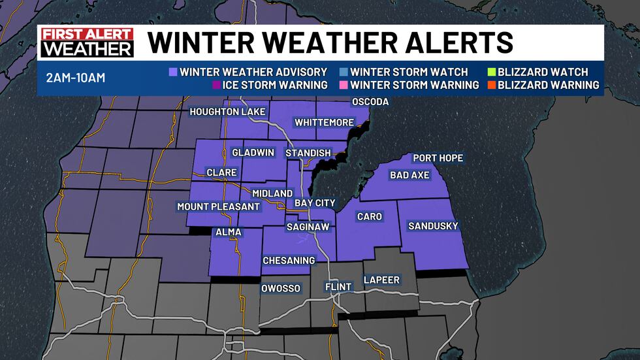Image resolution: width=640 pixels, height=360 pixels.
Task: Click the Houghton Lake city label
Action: [x=227, y=112]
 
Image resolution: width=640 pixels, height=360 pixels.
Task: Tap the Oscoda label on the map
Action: [x=370, y=102]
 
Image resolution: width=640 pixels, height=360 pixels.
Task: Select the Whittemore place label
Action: [x=323, y=122]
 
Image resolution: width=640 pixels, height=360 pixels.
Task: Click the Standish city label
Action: [x=308, y=152]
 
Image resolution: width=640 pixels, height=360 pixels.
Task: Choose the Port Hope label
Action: [x=438, y=158]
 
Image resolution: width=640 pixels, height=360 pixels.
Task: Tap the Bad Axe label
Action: [x=410, y=175]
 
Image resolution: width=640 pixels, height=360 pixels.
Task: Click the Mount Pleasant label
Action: [x=219, y=206]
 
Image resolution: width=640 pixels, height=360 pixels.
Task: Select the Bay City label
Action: [x=315, y=203]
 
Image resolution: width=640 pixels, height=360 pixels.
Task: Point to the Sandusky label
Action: [x=433, y=226]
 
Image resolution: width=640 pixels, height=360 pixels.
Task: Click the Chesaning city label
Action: [x=289, y=260]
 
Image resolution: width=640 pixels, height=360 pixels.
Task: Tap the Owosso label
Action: [x=280, y=288]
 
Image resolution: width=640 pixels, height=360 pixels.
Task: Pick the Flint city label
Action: [x=338, y=287]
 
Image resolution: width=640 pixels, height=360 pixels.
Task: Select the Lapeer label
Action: [x=381, y=280]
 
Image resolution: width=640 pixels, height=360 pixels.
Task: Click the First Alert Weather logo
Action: [x=88, y=43]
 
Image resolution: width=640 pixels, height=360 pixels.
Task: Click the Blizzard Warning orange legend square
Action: [x=491, y=85]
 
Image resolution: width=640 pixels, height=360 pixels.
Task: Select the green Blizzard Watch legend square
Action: [x=491, y=72]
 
